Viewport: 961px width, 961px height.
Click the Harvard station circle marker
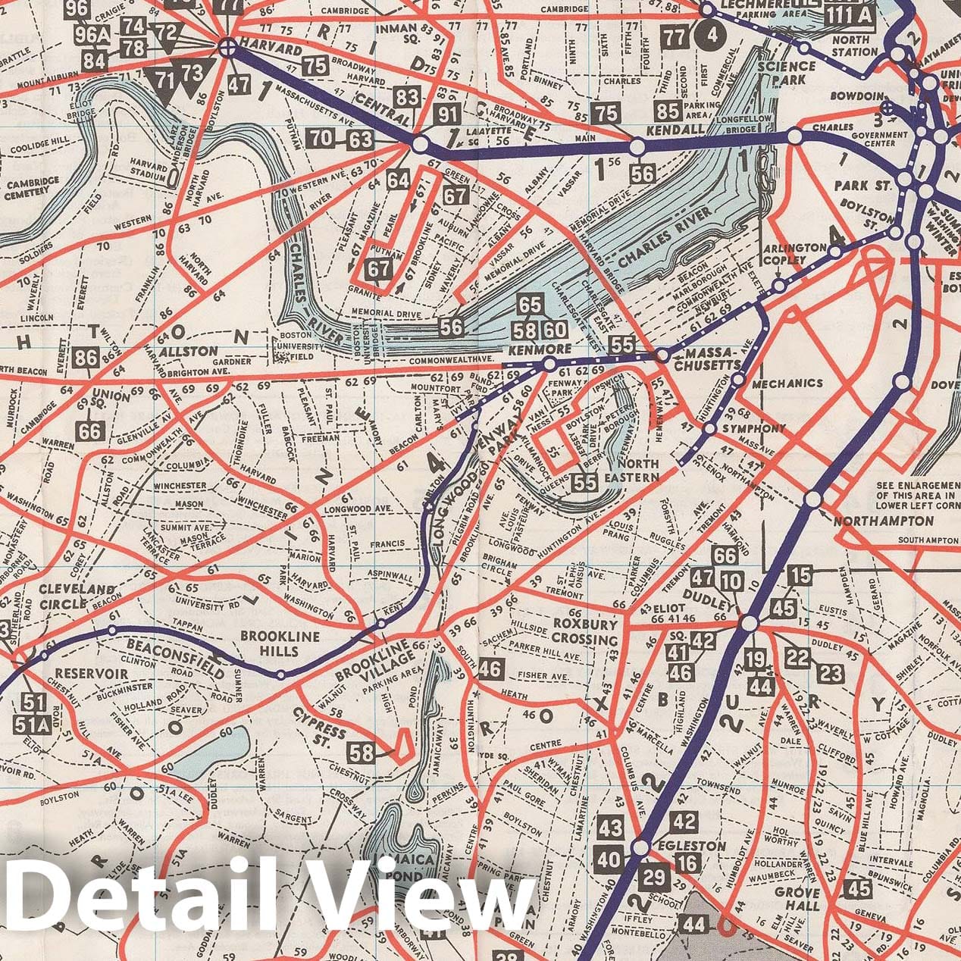[x=226, y=49]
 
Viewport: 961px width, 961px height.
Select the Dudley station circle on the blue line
[x=749, y=623]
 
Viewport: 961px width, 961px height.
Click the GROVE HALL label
[x=797, y=899]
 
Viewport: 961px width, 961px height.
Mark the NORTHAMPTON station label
[x=884, y=521]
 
